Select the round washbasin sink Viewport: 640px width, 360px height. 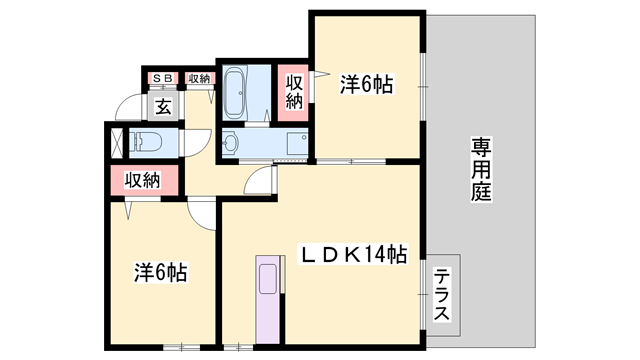point(231,144)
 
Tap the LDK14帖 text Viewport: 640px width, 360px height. point(354,255)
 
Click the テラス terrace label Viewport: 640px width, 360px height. point(441,295)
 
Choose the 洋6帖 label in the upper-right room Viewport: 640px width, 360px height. point(365,86)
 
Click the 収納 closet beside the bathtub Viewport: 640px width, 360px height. point(294,92)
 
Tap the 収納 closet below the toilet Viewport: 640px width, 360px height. point(143,180)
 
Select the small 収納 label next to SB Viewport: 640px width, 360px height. point(198,78)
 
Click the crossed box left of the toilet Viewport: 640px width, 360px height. point(113,142)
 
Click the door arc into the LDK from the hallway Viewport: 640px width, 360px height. point(262,183)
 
